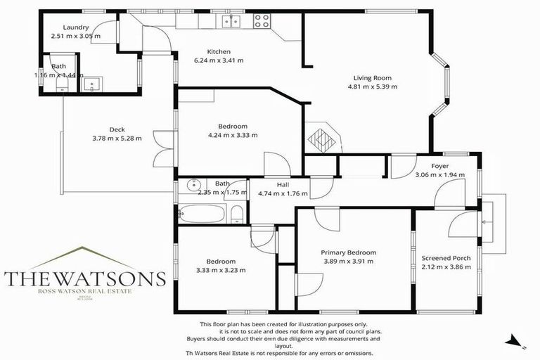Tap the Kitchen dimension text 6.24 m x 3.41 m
219,60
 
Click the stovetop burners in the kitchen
262,21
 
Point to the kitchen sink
230,22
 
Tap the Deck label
117,129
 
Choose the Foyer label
440,166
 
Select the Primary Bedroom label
349,252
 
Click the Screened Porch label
446,258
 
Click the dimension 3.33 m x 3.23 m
221,270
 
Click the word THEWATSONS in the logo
84,278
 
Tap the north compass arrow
515,342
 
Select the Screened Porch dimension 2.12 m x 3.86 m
446,267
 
